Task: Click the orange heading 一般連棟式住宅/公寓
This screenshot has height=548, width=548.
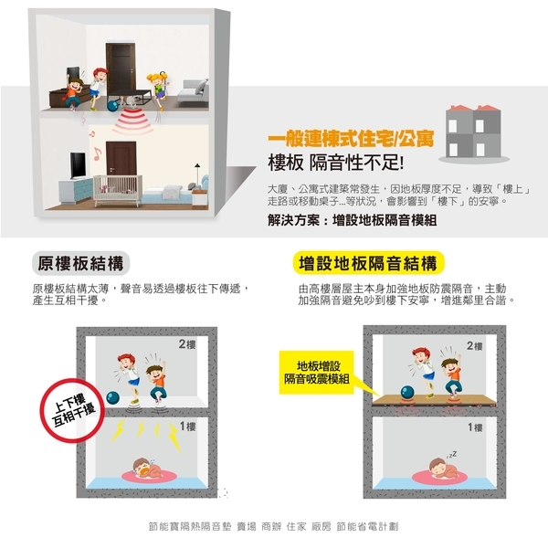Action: (352, 139)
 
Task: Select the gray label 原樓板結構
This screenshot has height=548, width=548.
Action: (80, 263)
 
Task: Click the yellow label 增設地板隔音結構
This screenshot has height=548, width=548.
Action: (368, 263)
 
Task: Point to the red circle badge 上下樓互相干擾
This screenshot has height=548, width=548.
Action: (73, 410)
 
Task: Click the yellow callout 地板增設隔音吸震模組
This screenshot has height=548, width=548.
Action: (317, 373)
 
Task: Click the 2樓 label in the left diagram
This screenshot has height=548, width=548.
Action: (187, 344)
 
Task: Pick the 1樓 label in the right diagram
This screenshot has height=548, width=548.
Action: (475, 427)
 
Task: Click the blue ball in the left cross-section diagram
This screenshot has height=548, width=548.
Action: (112, 397)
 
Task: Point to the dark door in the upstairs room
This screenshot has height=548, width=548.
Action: (121, 70)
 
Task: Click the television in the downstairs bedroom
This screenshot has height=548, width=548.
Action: (78, 165)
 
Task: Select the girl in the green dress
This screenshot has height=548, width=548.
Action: (158, 90)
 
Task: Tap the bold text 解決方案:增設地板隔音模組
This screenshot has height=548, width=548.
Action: (353, 220)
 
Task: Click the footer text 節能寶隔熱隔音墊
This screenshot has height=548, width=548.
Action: (190, 526)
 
